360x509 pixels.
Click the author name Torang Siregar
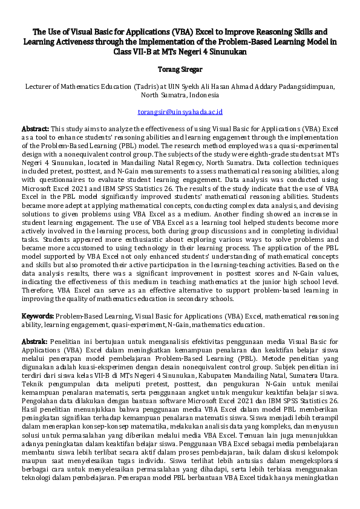point(180,70)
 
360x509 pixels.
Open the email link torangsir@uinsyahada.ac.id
point(180,112)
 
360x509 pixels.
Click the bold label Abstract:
point(35,129)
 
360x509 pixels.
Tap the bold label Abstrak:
point(34,342)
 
